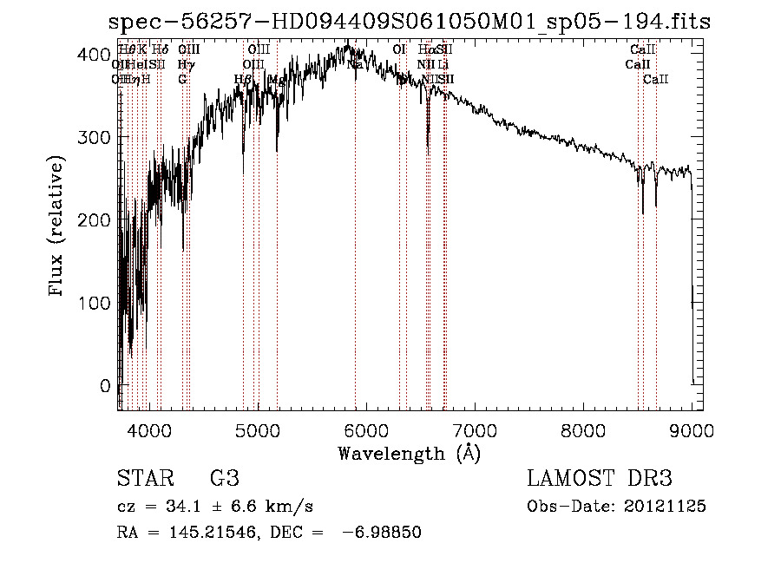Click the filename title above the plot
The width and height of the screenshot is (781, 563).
click(x=409, y=22)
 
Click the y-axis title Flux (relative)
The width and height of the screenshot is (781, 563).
click(x=57, y=228)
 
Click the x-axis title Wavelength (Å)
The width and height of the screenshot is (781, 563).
click(x=409, y=453)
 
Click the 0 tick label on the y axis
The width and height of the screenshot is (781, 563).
click(x=104, y=385)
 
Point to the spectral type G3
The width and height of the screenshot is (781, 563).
click(x=224, y=479)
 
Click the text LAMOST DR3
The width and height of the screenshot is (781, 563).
click(x=600, y=479)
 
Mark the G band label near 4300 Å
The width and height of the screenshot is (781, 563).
click(x=182, y=79)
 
